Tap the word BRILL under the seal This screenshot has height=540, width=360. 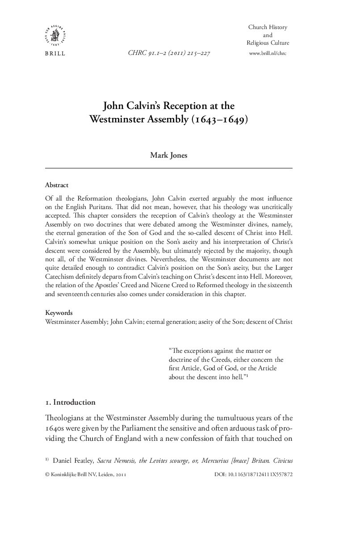55,54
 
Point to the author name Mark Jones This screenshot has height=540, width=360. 169,156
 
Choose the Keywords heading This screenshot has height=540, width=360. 59,313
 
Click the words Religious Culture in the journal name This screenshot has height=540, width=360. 268,43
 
